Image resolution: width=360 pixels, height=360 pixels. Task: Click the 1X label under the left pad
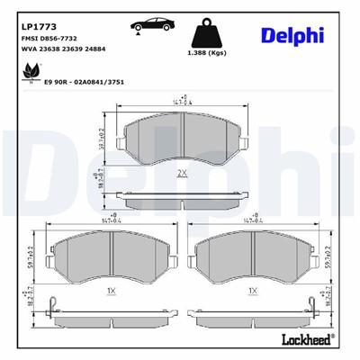pos(109,292)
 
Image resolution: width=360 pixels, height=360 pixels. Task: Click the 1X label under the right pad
pos(253,292)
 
